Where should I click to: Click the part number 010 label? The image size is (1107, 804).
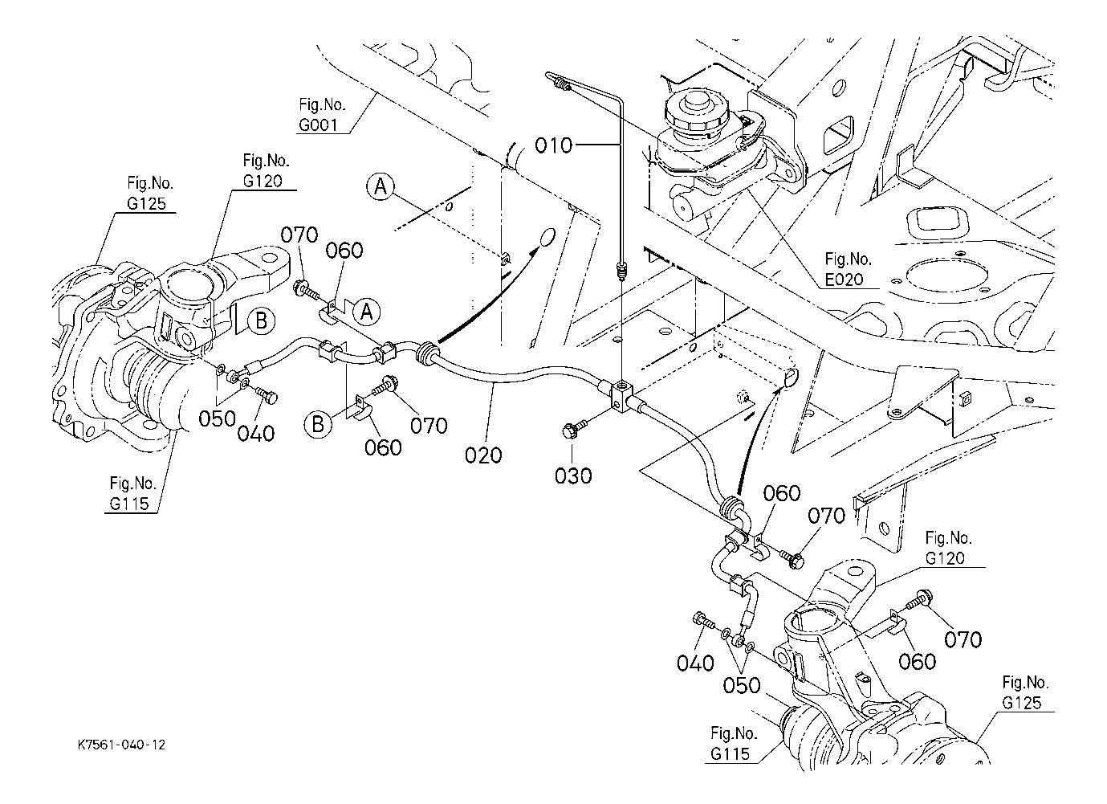coord(555,145)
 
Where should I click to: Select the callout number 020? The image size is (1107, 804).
coord(483,455)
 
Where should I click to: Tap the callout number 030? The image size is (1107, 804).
coord(573,475)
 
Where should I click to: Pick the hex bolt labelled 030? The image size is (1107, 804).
coord(576,431)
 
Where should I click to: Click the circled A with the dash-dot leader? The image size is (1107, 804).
coord(381,187)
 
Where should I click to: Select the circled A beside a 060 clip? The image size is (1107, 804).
coord(367,311)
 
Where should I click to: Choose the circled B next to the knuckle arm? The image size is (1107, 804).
coord(261,321)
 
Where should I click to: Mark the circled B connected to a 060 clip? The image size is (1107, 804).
coord(319,422)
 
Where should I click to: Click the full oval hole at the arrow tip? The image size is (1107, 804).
coord(546,239)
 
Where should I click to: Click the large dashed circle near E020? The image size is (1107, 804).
coord(943,277)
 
